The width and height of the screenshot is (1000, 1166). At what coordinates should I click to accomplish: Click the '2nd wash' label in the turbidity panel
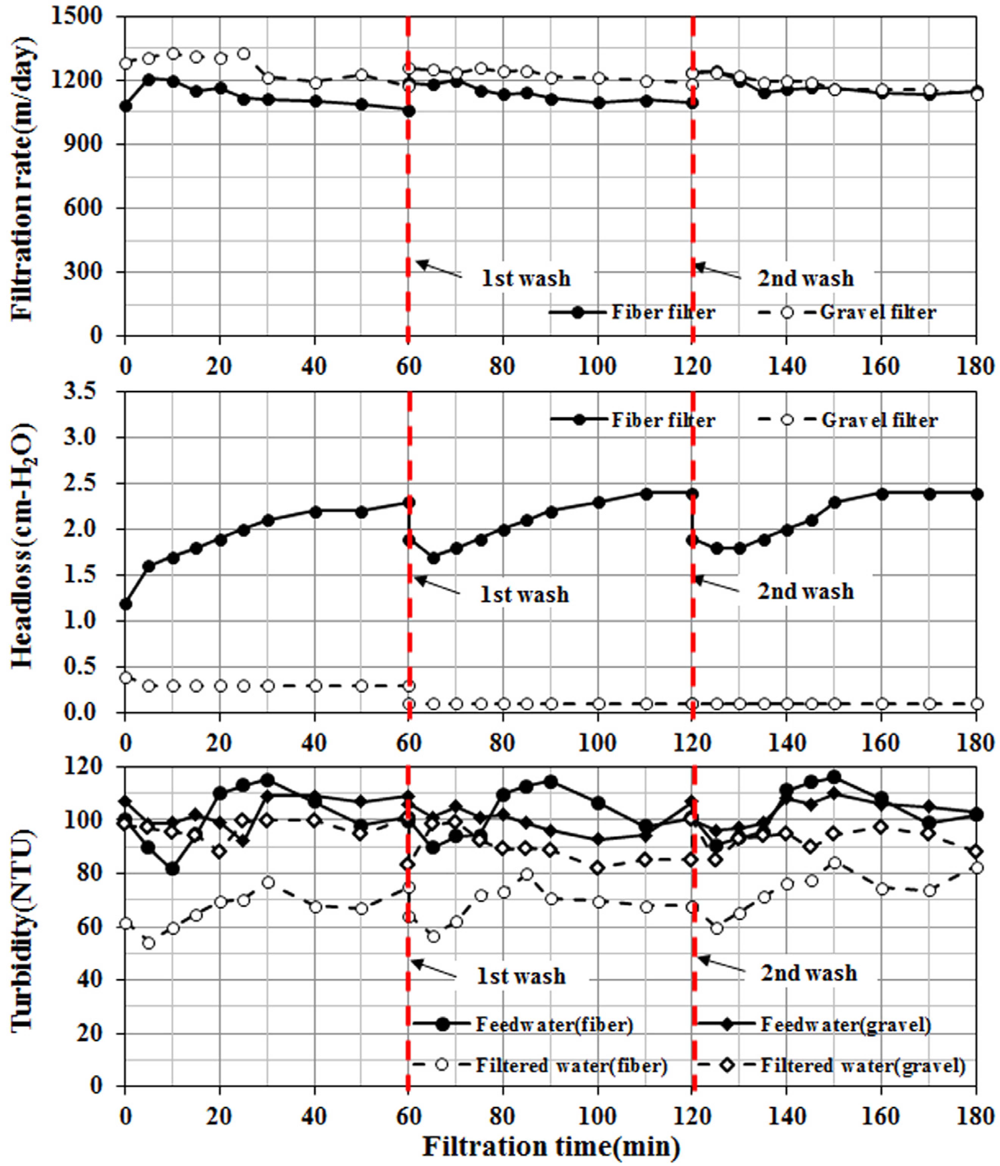click(809, 973)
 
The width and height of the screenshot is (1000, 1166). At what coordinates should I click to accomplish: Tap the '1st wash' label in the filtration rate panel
click(526, 278)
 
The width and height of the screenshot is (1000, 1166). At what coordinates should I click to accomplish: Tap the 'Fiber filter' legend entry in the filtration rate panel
click(663, 312)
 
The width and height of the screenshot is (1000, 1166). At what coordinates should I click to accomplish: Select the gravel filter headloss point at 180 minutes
click(977, 704)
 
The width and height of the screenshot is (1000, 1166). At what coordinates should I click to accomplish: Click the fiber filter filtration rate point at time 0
click(126, 106)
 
